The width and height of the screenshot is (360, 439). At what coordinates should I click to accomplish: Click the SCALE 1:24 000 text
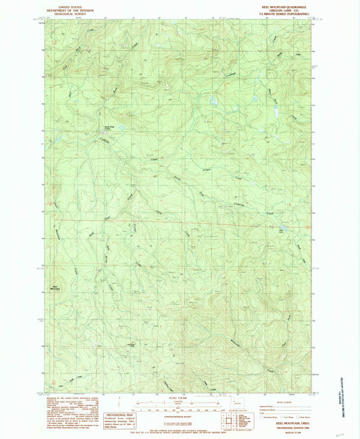(x=180, y=398)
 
